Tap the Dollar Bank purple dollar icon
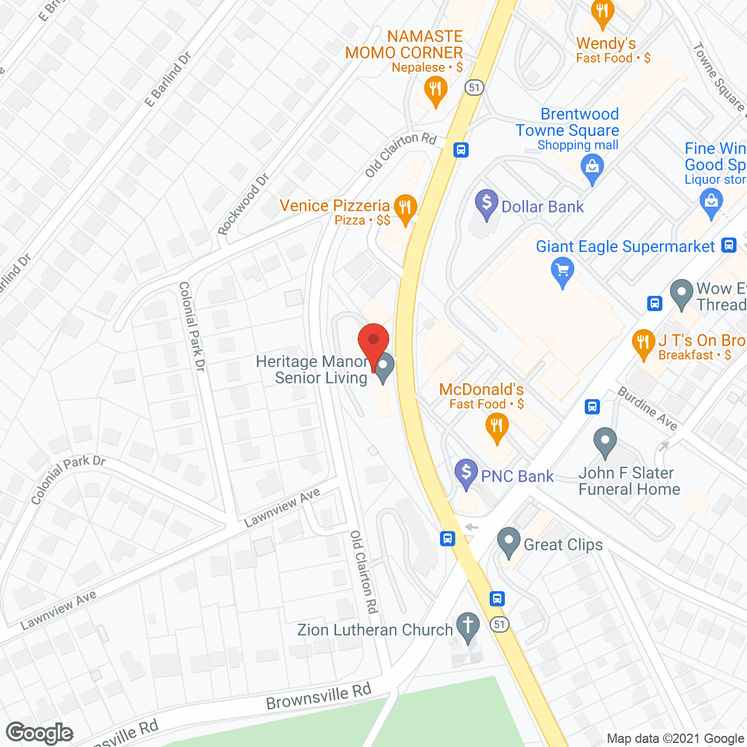486,204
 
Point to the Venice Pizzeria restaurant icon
404,208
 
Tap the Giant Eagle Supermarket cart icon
563,272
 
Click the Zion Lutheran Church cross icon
467,627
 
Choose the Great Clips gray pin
508,542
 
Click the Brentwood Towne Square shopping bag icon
592,168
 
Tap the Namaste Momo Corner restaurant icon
435,91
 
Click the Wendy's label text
606,44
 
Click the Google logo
40,733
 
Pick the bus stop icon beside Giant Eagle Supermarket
728,245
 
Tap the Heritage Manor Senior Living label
312,370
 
